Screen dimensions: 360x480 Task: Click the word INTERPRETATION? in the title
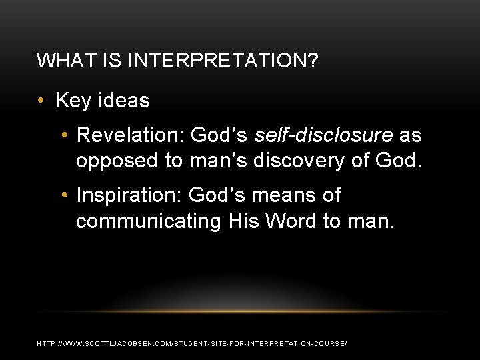point(222,62)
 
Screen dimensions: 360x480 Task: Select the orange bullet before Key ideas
point(42,101)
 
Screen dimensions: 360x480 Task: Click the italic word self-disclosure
point(323,135)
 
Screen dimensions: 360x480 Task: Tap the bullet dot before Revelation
point(64,136)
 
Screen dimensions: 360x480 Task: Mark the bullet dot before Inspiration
point(64,196)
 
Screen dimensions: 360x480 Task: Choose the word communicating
point(148,221)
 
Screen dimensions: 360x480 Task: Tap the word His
point(241,221)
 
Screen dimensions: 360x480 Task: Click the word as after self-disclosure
point(410,135)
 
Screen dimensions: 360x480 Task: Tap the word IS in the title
point(111,62)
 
